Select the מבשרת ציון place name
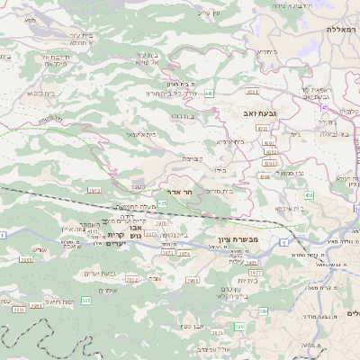pyautogui.click(x=238, y=239)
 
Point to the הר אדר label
pyautogui.click(x=182, y=193)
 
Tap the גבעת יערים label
pyautogui.click(x=97, y=274)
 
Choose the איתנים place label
pyautogui.click(x=106, y=291)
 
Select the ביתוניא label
pyautogui.click(x=267, y=52)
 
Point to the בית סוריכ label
pyautogui.click(x=220, y=191)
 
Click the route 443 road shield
pyautogui.click(x=209, y=93)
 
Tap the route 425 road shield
pyautogui.click(x=162, y=204)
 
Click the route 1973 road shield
pyautogui.click(x=94, y=191)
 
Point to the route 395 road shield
pyautogui.click(x=85, y=301)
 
